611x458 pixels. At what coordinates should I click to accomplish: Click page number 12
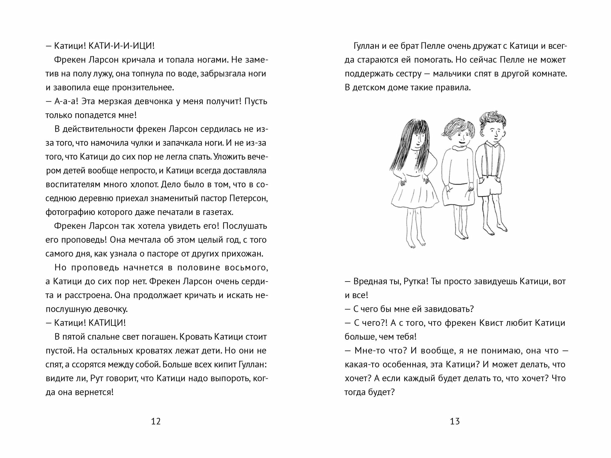(156, 421)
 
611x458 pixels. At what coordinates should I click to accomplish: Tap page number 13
(455, 421)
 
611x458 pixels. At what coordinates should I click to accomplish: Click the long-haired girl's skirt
(414, 195)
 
